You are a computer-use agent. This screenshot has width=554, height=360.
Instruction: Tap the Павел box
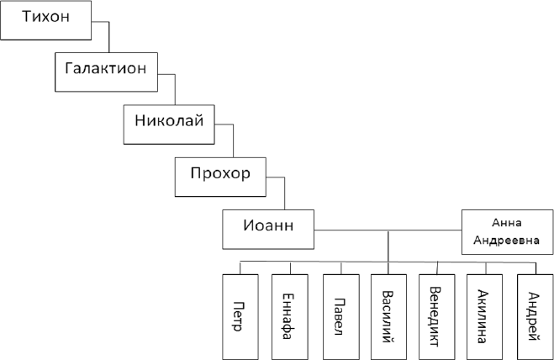tap(340, 315)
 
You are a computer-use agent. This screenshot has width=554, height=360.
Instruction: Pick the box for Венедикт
tap(438, 315)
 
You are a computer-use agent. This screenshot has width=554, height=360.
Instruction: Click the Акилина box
tap(486, 315)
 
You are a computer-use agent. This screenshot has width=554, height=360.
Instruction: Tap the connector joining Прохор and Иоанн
tap(285, 192)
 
